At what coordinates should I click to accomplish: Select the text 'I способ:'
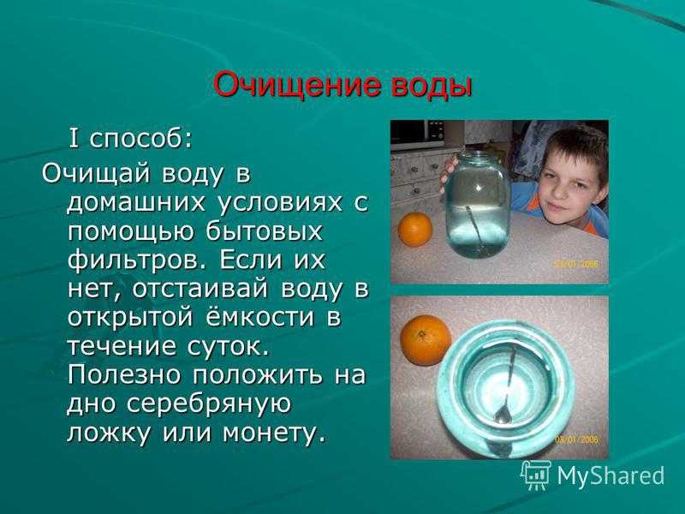coord(130,140)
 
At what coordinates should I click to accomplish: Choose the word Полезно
coord(124,375)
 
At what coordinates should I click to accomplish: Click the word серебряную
coord(208,405)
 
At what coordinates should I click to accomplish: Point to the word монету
coord(274,433)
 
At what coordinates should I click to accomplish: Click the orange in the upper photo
coord(414,229)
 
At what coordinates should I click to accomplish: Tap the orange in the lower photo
coord(425,340)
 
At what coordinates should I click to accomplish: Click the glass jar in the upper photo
coord(478,204)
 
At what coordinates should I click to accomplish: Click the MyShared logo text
coord(611,475)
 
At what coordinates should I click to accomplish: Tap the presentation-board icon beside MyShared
coord(536,475)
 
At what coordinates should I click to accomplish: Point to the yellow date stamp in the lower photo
coord(576,439)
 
